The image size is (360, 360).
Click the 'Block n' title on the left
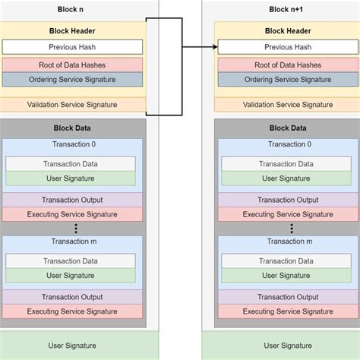tap(71, 9)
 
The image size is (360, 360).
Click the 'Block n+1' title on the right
tap(286, 9)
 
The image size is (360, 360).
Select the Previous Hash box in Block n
tap(71, 47)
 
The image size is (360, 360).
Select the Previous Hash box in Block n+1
tap(286, 47)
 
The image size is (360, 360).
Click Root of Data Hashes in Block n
tap(71, 65)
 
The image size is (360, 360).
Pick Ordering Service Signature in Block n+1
tap(286, 79)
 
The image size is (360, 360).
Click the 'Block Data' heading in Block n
tap(71, 129)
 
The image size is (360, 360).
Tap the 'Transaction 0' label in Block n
tap(71, 144)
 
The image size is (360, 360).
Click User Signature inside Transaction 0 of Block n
tap(71, 178)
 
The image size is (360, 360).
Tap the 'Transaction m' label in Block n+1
tap(286, 242)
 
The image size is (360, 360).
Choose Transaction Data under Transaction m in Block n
tap(71, 261)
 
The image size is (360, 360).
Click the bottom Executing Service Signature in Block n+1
tap(286, 311)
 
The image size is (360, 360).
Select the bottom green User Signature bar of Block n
tap(71, 346)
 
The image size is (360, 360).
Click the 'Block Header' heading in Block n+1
tap(286, 32)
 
